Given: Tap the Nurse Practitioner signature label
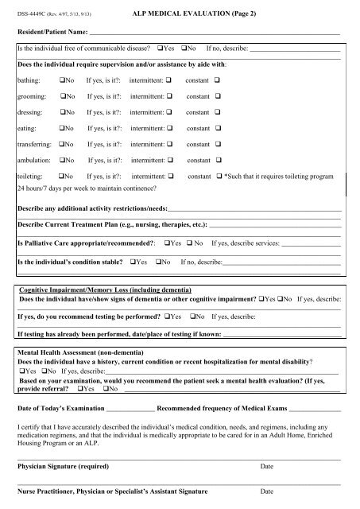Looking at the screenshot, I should click(113, 492).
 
